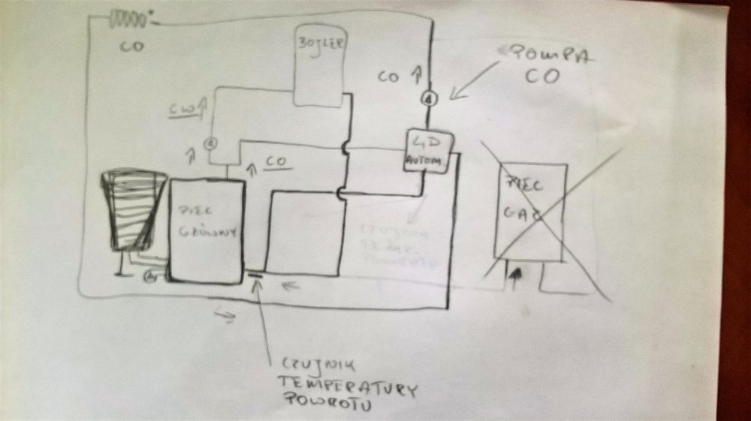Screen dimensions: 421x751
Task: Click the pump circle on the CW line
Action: point(210,141)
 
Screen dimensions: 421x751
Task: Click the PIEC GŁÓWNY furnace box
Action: point(205,229)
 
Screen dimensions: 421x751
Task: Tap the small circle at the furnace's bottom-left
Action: point(151,276)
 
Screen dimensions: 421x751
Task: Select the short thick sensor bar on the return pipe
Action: point(255,275)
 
